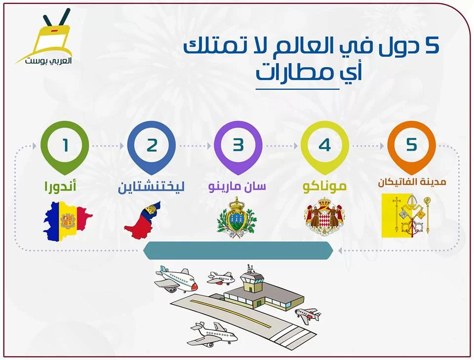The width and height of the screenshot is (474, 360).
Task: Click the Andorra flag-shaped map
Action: [x=68, y=221]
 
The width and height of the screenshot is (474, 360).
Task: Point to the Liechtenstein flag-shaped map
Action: [x=143, y=221]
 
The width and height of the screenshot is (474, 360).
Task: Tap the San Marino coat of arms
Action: [x=237, y=218]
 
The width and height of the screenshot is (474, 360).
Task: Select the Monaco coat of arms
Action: [x=324, y=217]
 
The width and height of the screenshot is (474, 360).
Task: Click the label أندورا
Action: [x=60, y=185]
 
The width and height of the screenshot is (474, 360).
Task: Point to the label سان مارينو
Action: [x=237, y=186]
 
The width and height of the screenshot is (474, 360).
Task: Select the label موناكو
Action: [x=324, y=186]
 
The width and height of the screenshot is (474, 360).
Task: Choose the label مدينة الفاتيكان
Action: [x=412, y=182]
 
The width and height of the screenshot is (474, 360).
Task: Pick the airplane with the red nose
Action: [x=176, y=280]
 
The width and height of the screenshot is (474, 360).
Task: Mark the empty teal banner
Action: [x=238, y=250]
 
